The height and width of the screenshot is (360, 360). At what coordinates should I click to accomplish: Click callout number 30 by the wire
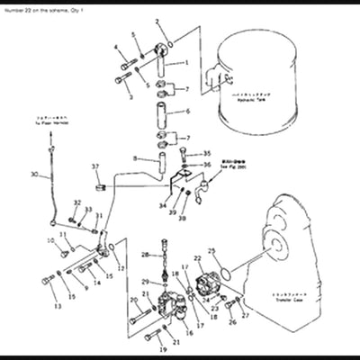point(32,175)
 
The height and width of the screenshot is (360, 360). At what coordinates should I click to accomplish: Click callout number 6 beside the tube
point(187,112)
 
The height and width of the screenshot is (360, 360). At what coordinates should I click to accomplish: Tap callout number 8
point(135,158)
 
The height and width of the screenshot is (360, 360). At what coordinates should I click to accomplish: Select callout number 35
point(206,154)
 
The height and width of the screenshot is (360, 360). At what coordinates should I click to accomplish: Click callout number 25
point(212,251)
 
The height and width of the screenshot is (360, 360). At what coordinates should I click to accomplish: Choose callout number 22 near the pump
point(197,259)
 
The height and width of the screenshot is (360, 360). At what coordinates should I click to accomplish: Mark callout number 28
point(142,256)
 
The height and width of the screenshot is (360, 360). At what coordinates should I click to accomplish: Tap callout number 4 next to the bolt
point(116,46)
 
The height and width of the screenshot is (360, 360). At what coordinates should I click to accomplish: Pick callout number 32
point(76,202)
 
